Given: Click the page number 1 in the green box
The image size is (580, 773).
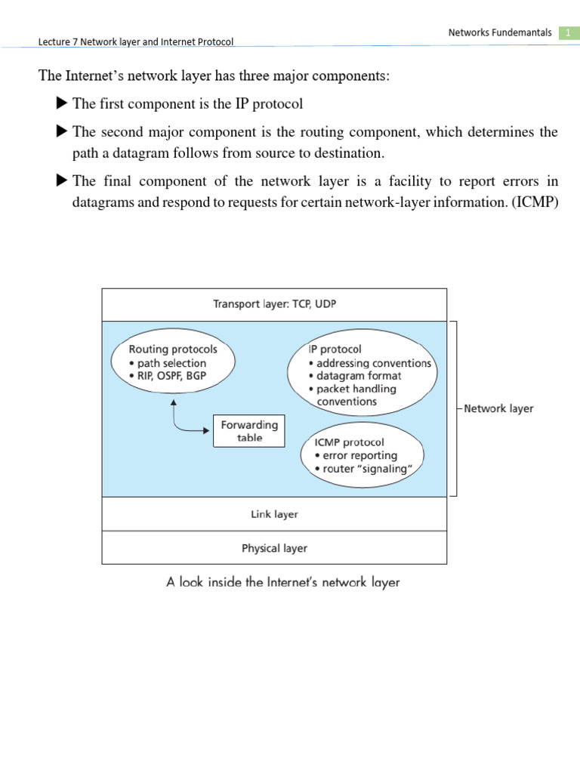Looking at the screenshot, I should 567,32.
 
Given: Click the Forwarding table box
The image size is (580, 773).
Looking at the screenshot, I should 249,431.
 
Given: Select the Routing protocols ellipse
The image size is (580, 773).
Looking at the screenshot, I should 174,364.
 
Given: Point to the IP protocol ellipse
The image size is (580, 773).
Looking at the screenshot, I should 362,375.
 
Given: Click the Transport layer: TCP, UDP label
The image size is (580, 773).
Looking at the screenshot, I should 273,304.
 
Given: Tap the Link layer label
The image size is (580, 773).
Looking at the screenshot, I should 274,514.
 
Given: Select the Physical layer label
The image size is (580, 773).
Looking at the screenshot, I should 274,548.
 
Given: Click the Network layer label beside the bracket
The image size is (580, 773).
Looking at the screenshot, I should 498,408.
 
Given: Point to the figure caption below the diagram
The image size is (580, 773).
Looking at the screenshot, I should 282,582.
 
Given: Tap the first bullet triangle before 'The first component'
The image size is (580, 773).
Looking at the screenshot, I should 62,103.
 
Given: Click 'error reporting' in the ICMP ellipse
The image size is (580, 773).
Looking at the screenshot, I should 353,455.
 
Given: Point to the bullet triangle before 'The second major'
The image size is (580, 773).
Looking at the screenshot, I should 62,132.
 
